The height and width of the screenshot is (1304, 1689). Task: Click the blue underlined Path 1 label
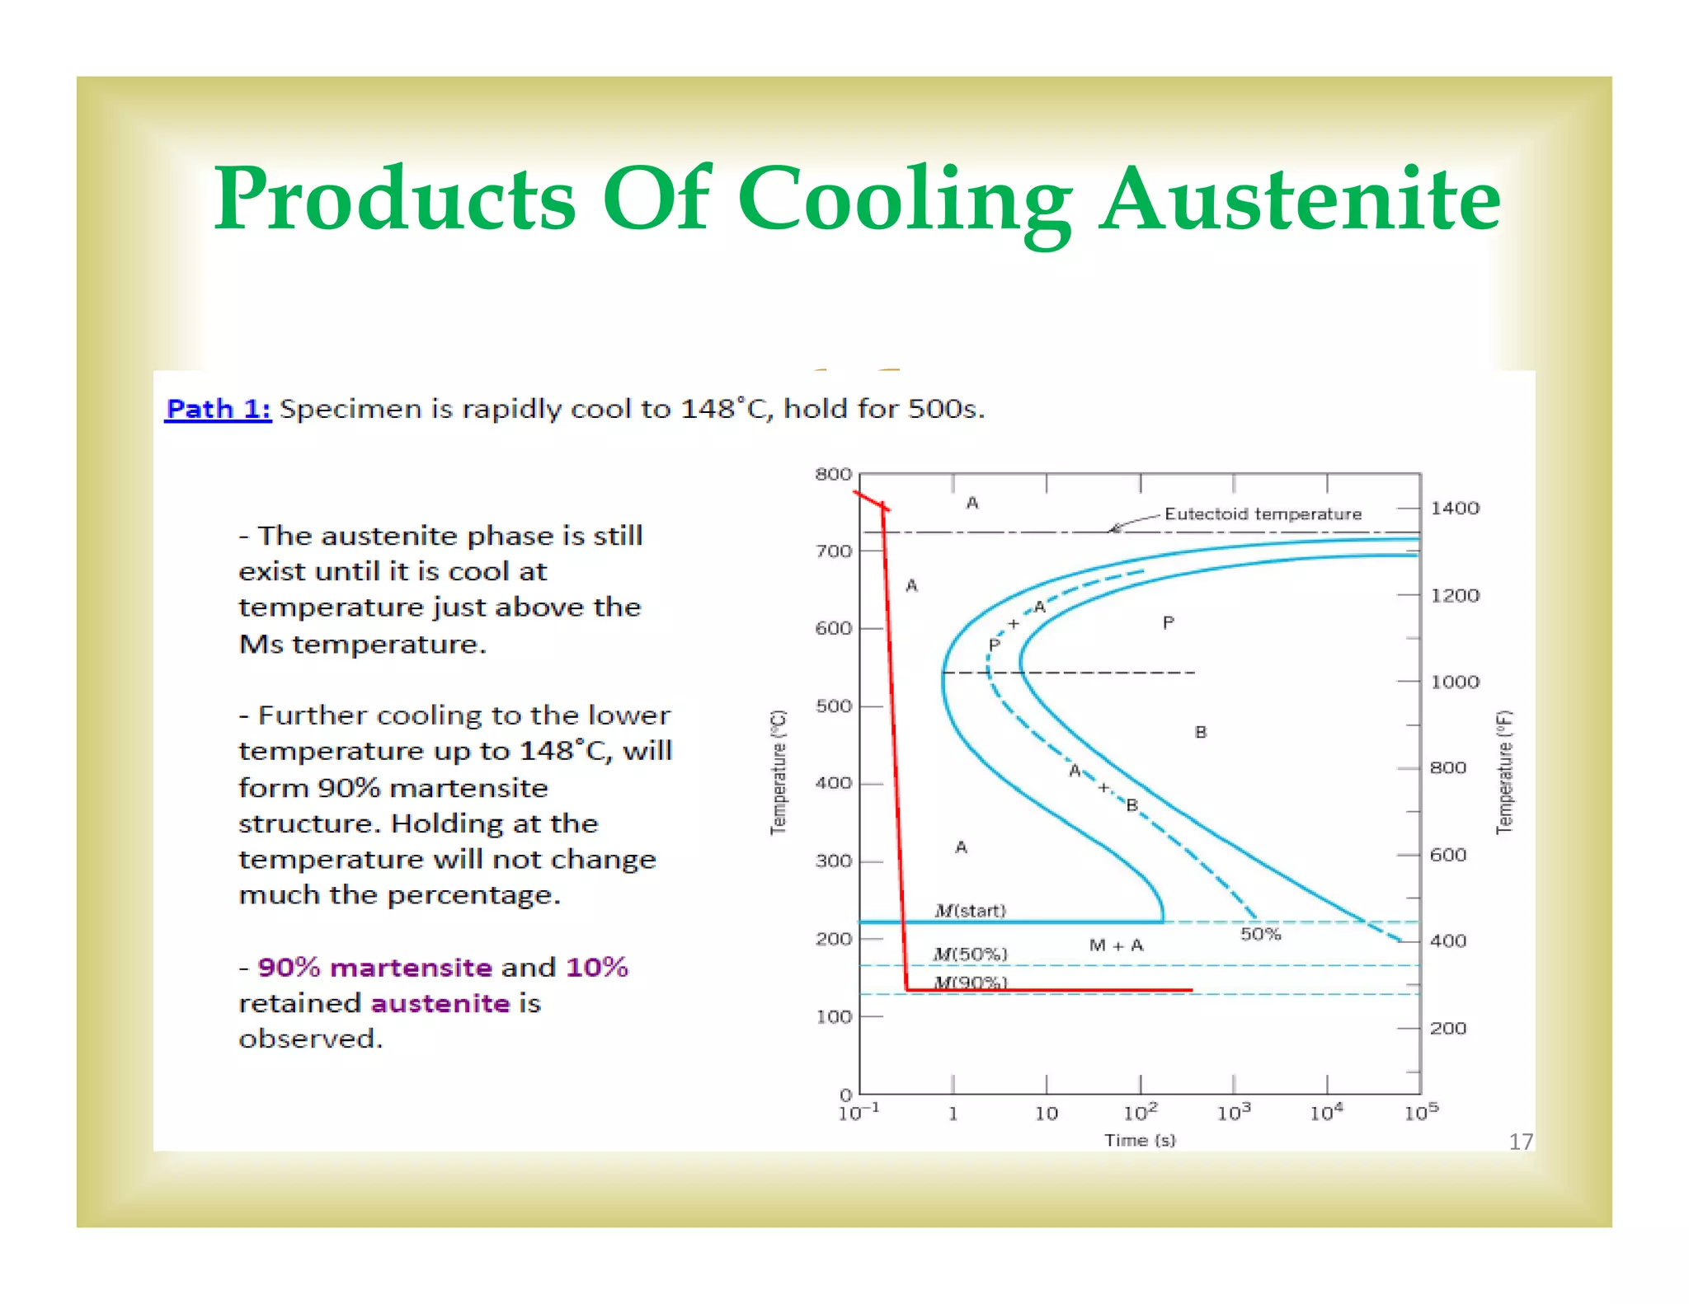tap(218, 409)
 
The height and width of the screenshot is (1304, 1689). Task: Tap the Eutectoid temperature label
tap(1262, 514)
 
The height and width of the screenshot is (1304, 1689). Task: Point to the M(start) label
tap(970, 910)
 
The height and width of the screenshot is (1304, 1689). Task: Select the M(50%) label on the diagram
tap(970, 954)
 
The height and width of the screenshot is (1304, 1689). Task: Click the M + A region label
tap(1116, 945)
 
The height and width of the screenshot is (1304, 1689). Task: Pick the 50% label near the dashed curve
tap(1260, 934)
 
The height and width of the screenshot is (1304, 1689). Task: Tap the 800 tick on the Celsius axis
tap(833, 474)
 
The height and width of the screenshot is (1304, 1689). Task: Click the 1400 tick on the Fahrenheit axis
tap(1455, 508)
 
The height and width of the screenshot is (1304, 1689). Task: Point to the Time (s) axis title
tap(1140, 1140)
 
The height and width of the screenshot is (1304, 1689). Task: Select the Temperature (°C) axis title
tap(779, 772)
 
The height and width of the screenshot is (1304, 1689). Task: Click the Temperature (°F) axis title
tap(1504, 772)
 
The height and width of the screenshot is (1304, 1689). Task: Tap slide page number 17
tap(1520, 1142)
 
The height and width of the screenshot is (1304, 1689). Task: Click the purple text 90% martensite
tap(374, 967)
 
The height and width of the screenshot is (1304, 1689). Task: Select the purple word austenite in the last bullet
tap(440, 1003)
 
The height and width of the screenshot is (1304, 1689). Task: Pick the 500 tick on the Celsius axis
tap(833, 706)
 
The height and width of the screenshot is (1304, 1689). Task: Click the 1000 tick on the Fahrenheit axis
tap(1455, 682)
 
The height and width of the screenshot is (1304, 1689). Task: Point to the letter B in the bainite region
tap(1201, 732)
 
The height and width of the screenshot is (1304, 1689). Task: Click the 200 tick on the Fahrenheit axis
tap(1448, 1028)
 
